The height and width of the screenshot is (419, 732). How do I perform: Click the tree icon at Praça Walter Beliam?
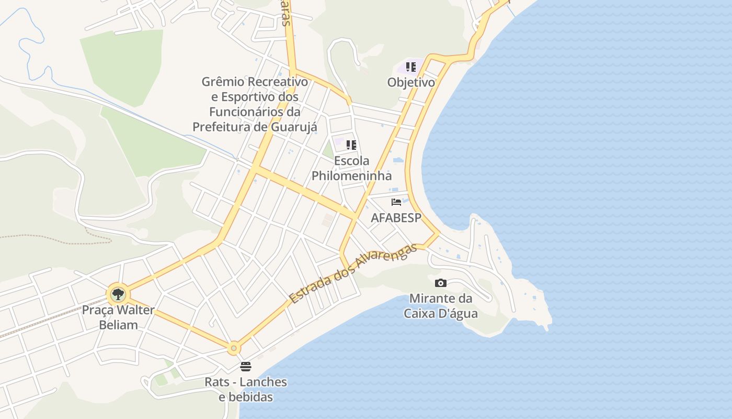[x=118, y=294]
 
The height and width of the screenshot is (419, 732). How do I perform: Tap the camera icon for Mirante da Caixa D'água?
[x=441, y=283]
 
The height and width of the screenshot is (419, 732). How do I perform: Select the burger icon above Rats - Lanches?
[x=246, y=366]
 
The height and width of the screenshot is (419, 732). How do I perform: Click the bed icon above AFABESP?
[x=396, y=202]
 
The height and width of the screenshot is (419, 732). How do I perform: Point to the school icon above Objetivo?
[x=411, y=67]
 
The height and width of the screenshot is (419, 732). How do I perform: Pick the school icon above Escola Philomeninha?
[x=351, y=145]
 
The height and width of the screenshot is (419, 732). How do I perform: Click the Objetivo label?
[x=411, y=82]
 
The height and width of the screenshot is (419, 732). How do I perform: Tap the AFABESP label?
[x=396, y=218]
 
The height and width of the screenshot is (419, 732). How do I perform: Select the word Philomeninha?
[x=351, y=175]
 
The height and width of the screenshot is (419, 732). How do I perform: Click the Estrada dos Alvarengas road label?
[x=353, y=273]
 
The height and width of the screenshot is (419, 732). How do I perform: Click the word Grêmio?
[x=222, y=82]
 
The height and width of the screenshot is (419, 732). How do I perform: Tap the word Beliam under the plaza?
[x=118, y=325]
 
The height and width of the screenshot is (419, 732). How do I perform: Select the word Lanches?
[x=265, y=382]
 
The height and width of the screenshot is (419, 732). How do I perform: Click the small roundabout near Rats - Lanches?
[x=234, y=348]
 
